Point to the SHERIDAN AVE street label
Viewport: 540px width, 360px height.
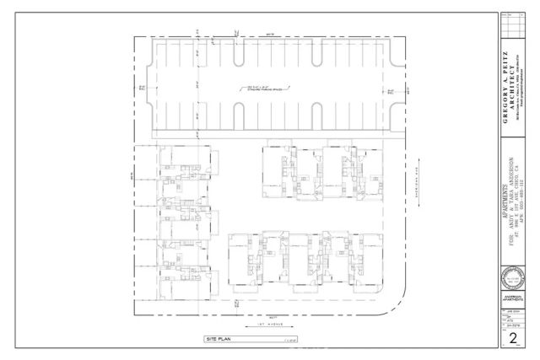[418, 179]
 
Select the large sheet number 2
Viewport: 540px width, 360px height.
[514, 338]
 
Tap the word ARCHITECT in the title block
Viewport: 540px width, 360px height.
[514, 84]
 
